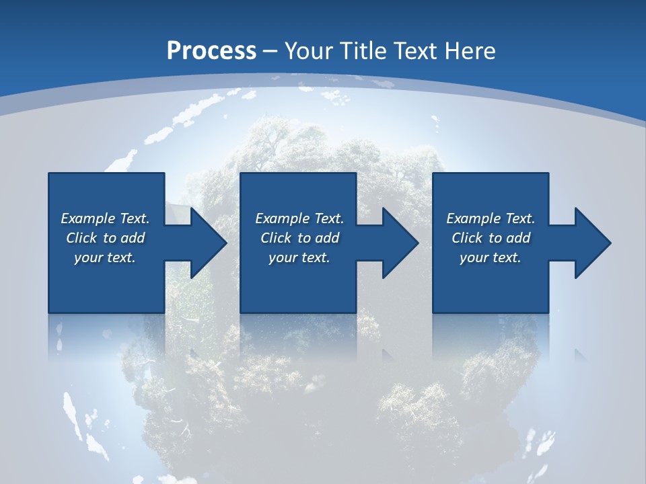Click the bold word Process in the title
point(211,51)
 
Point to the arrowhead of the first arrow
point(208,243)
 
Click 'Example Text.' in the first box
point(105,218)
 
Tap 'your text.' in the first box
point(105,257)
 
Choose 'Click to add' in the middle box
point(299,238)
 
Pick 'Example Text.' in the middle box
point(299,218)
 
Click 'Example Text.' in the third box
point(491,218)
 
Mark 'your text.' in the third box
point(491,257)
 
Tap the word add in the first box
point(133,238)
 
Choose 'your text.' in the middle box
point(299,257)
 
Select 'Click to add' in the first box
point(105,238)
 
